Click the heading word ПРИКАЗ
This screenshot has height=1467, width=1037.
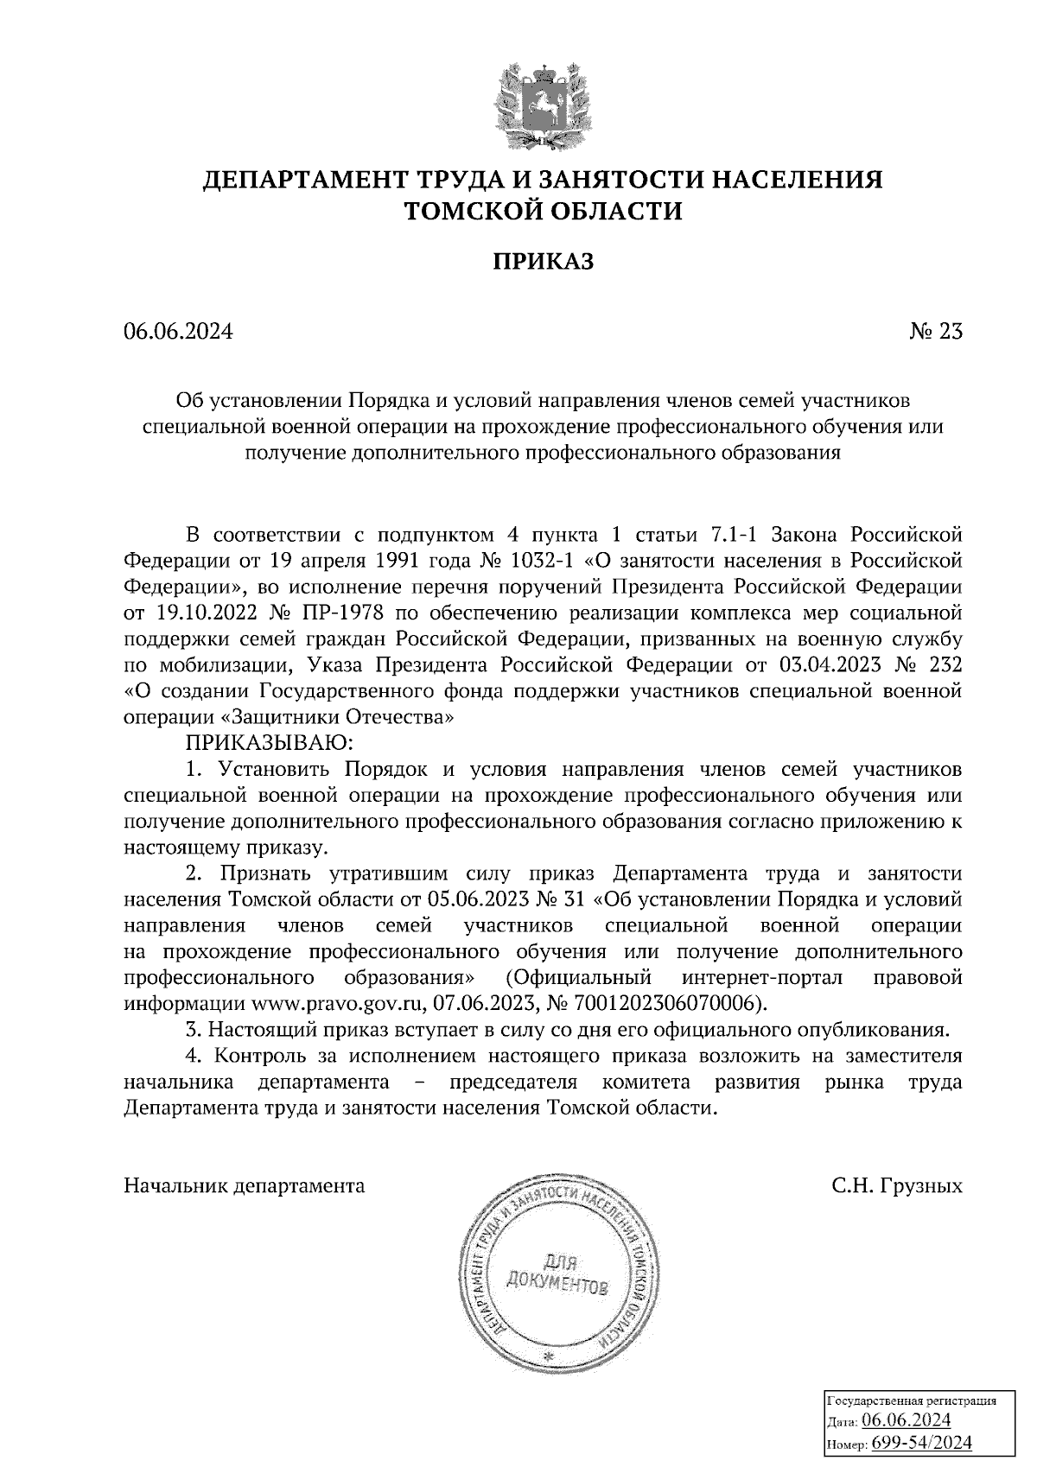(544, 262)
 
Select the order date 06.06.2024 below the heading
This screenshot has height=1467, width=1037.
(178, 332)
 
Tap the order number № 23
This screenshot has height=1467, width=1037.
(936, 332)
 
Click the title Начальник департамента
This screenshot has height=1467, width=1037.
(245, 1185)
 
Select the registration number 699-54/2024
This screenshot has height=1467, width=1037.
(921, 1442)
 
